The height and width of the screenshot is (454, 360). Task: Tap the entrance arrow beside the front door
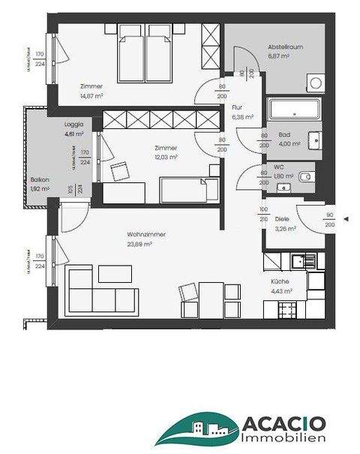click(346, 219)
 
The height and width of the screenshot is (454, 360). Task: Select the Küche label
click(280, 283)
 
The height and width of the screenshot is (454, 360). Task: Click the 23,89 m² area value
click(139, 244)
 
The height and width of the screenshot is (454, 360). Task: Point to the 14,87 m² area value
click(91, 96)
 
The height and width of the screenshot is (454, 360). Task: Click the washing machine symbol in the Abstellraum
click(316, 83)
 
